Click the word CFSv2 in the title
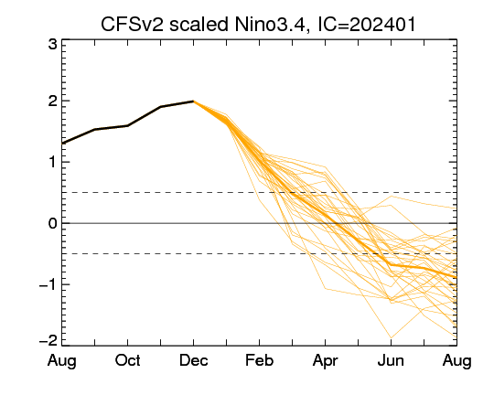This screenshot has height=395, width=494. click(x=133, y=24)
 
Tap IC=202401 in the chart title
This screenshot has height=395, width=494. click(x=367, y=24)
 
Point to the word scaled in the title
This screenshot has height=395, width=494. click(x=199, y=24)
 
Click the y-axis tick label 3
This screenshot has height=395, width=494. click(x=53, y=44)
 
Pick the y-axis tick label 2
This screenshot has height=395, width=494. click(x=53, y=101)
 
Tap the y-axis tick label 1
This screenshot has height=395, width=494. click(x=53, y=163)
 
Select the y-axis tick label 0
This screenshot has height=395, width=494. click(x=53, y=224)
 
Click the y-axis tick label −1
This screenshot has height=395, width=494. click(x=48, y=284)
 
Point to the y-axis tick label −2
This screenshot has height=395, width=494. click(x=48, y=340)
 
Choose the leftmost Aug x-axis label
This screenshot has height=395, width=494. click(x=62, y=361)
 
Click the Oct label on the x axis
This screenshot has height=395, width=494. click(x=127, y=360)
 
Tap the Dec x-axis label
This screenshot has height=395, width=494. click(x=193, y=360)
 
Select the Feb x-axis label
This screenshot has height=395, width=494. click(x=259, y=360)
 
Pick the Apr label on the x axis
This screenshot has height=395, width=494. click(x=325, y=361)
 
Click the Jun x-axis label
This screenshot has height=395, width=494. click(x=391, y=360)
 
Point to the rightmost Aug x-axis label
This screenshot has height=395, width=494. click(x=456, y=361)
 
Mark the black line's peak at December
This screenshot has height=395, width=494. click(x=193, y=101)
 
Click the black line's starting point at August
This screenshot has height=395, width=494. click(x=62, y=144)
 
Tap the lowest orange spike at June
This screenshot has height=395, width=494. click(x=391, y=338)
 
